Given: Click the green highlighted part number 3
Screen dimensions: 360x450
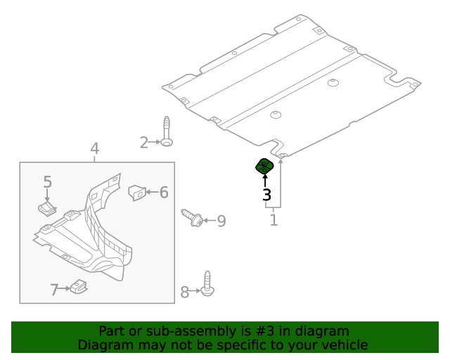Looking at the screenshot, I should pos(264,167).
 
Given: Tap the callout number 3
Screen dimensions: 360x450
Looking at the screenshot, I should pos(266,195).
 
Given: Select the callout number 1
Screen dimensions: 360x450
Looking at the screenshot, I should pos(274,220).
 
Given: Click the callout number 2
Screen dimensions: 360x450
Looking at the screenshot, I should pos(143,143).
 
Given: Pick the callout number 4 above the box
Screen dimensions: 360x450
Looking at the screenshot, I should pos(95,149).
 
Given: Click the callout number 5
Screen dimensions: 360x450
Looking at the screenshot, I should pos(48,182).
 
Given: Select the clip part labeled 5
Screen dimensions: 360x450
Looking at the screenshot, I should pos(47,207).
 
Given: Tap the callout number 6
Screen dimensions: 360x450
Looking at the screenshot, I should pos(163,192).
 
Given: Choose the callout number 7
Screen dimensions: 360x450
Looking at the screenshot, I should pos(54,289).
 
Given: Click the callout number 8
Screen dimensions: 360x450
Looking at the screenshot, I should pos(185,292).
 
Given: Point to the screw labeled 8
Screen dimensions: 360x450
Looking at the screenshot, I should pos(207,282).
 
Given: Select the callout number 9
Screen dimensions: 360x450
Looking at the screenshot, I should pos(221,221).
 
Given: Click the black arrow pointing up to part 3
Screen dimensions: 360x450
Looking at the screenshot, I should pos(265,181).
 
